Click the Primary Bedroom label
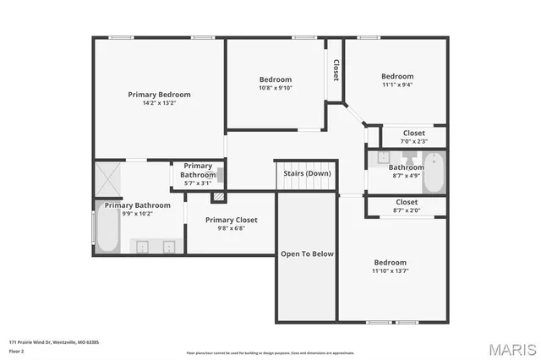[x=159, y=95]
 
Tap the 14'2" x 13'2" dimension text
[x=159, y=103]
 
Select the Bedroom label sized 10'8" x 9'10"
[x=276, y=79]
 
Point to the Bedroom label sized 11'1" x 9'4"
[x=397, y=76]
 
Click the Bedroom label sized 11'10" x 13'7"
[x=390, y=263]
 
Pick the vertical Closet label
[x=336, y=69]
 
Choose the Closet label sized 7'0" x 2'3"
[x=413, y=133]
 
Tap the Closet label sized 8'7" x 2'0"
[x=406, y=202]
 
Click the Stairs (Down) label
[x=307, y=173]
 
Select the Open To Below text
[x=307, y=254]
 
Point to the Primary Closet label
[x=231, y=220]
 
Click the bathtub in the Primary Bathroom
[x=107, y=231]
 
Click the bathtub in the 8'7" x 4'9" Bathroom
[x=433, y=172]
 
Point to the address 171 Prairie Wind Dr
[x=54, y=341]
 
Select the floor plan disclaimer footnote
[x=270, y=352]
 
